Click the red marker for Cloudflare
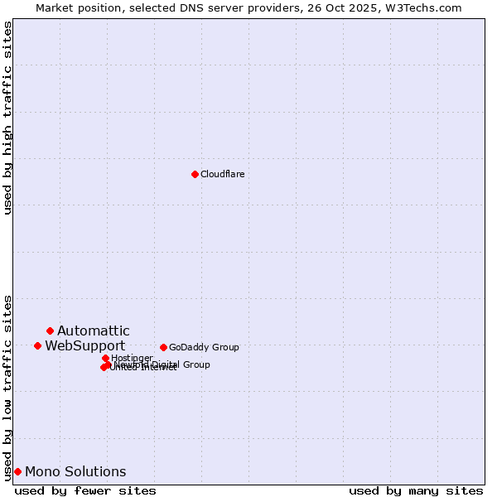pos(195,174)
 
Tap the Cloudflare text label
pos(222,174)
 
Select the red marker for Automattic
pos(50,331)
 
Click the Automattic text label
pos(93,331)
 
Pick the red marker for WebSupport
pos(37,345)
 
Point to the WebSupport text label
pos(84,346)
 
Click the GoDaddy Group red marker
pos(163,347)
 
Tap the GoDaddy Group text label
pos(204,347)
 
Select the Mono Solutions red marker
pos(17,471)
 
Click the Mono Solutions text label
pos(75,472)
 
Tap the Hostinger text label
pos(132,358)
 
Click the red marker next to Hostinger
pos(105,358)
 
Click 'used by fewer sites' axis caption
pos(85,490)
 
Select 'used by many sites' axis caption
pos(416,490)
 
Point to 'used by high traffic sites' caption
pos(7,118)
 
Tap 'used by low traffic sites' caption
pos(7,388)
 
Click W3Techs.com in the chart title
pos(427,7)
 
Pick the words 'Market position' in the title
pos(76,7)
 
